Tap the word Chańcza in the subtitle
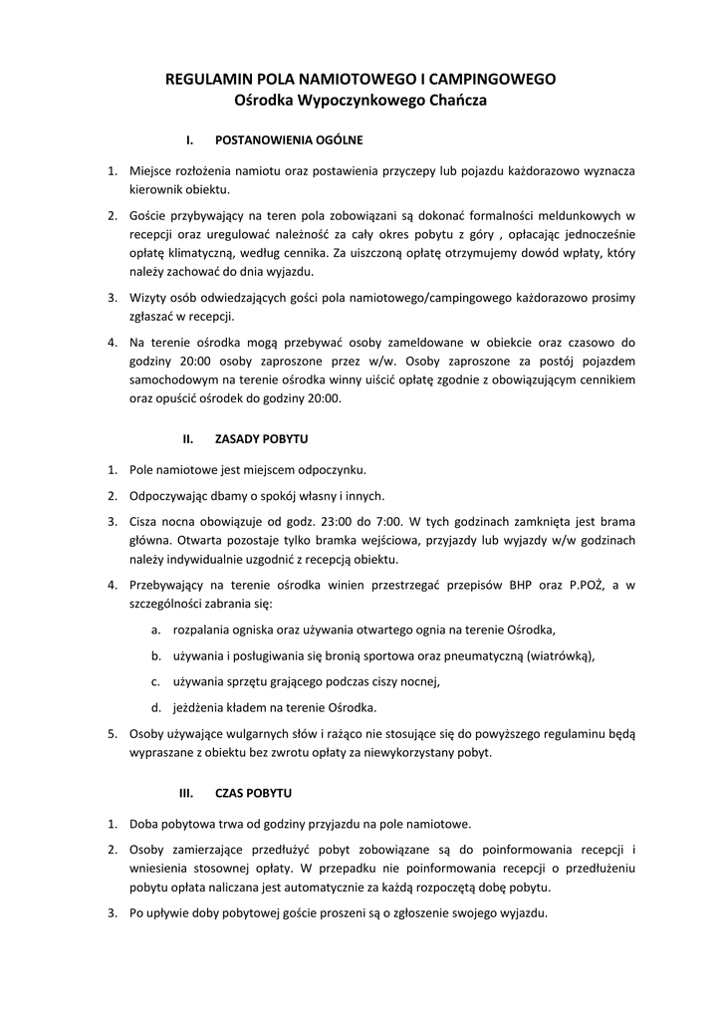coord(455,100)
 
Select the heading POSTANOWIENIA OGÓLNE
coord(289,139)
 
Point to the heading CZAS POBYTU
coord(253,794)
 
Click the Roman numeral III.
coord(184,794)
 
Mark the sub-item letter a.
coord(155,630)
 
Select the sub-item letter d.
coord(155,707)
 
